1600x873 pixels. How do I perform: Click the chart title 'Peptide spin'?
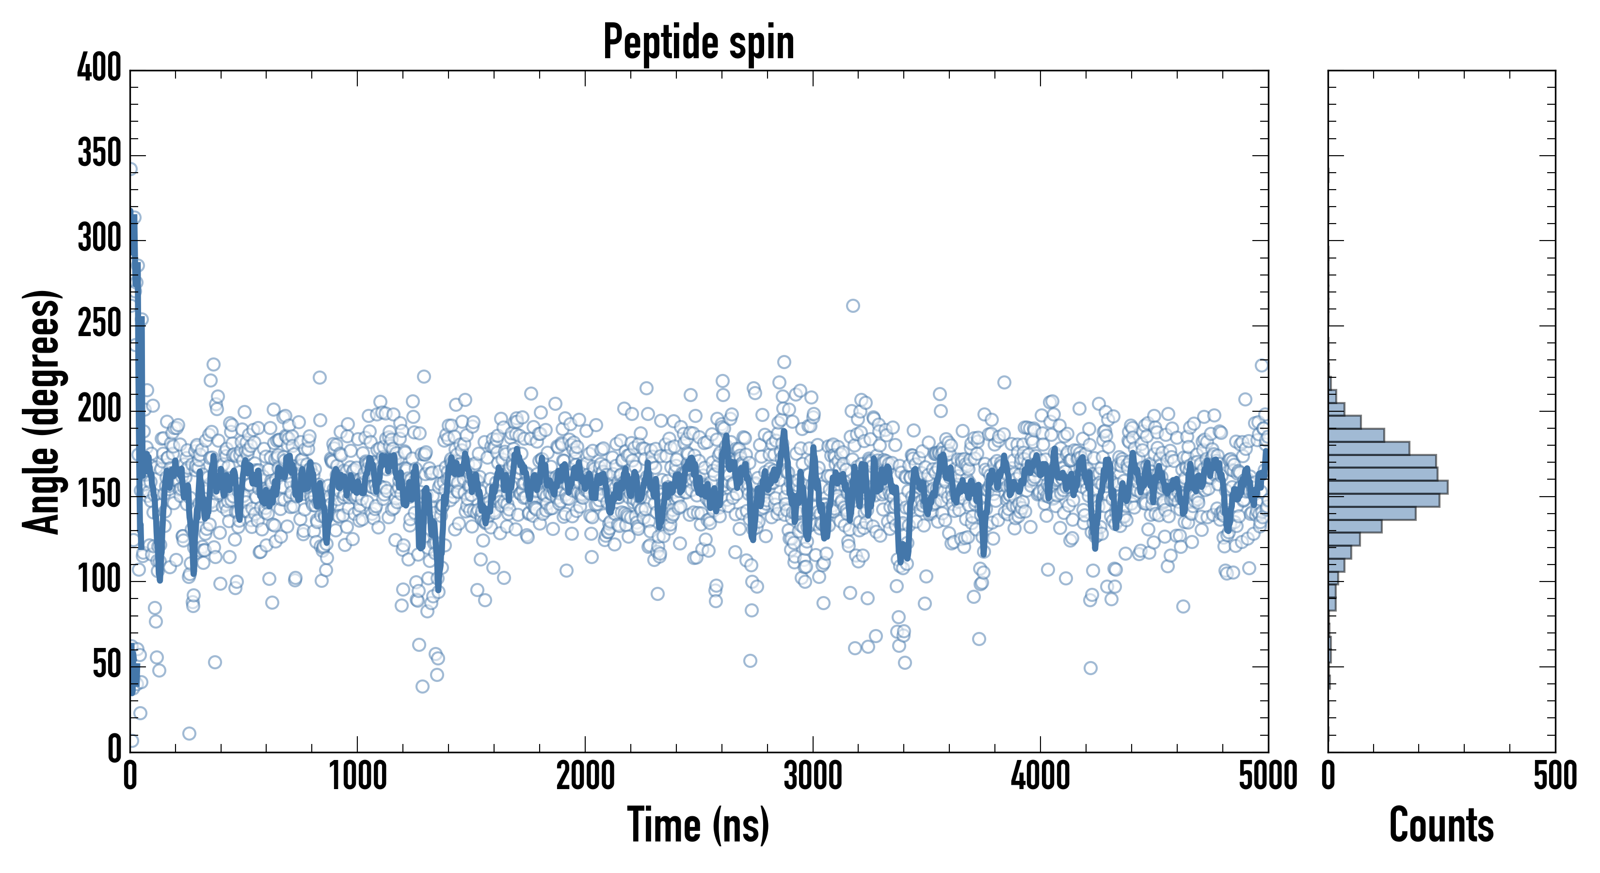click(x=698, y=42)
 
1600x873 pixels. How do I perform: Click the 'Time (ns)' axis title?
click(x=698, y=825)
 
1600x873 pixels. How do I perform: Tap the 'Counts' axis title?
click(x=1441, y=825)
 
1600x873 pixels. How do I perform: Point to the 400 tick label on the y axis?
click(x=99, y=68)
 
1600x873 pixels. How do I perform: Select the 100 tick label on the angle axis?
click(x=99, y=580)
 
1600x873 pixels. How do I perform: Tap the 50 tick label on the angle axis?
click(x=106, y=665)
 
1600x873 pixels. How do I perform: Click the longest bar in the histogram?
click(x=1388, y=487)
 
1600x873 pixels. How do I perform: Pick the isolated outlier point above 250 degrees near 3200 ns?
click(x=853, y=306)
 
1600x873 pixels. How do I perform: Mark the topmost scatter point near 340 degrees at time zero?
click(x=132, y=169)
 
